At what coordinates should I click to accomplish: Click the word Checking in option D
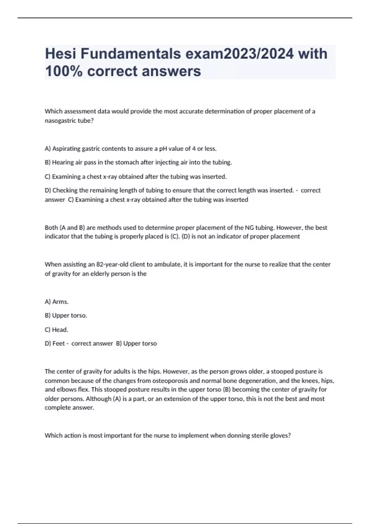pyautogui.click(x=65, y=190)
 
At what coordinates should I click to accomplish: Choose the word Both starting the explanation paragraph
pyautogui.click(x=51, y=228)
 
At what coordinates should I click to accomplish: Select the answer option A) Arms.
pyautogui.click(x=57, y=302)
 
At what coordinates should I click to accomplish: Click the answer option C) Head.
pyautogui.click(x=56, y=330)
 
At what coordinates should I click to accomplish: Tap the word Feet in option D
pyautogui.click(x=58, y=343)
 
